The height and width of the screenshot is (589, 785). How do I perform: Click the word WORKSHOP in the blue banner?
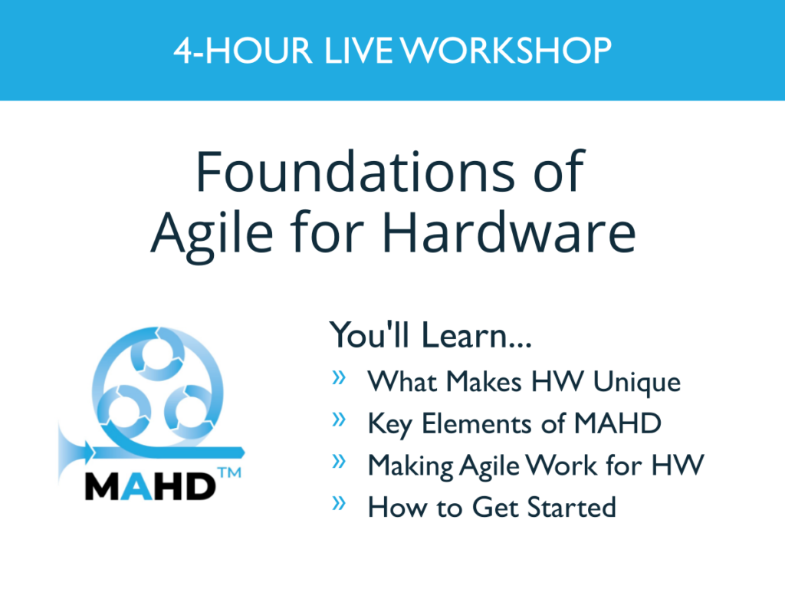(x=506, y=51)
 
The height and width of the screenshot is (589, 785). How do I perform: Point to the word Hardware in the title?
(x=509, y=232)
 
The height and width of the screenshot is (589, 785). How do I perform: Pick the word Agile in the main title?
(x=212, y=235)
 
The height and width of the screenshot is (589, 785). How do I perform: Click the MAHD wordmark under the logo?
(x=150, y=486)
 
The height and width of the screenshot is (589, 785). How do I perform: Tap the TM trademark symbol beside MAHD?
(x=230, y=472)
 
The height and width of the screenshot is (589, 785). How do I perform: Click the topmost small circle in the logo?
(x=157, y=354)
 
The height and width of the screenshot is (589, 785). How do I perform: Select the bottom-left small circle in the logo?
(x=123, y=412)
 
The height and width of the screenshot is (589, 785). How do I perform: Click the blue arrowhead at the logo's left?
(x=88, y=452)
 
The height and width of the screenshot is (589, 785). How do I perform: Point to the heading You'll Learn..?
(x=429, y=334)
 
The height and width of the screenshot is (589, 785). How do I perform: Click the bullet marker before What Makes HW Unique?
(x=339, y=377)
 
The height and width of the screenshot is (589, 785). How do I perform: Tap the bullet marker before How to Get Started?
(x=339, y=502)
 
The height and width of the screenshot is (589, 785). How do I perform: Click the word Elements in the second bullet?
(x=476, y=423)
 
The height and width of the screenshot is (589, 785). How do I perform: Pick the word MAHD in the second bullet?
(x=617, y=423)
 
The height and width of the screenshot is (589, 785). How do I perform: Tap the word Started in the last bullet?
(x=571, y=508)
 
